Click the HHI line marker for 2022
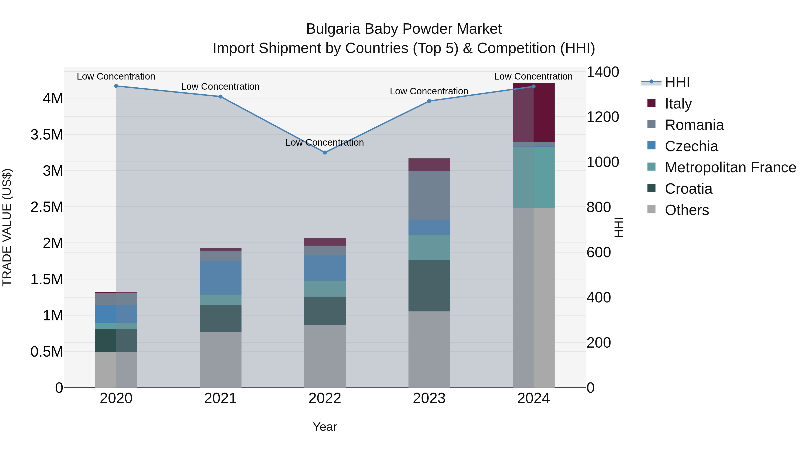click(x=325, y=153)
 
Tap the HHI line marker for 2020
click(x=116, y=86)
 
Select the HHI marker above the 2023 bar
click(x=429, y=101)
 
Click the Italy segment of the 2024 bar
click(x=534, y=113)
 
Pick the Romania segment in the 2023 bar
click(x=429, y=195)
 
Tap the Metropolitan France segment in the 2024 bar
click(x=534, y=178)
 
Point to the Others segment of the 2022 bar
click(x=325, y=356)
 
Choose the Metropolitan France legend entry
click(x=730, y=167)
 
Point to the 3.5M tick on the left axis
click(x=47, y=135)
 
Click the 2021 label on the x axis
click(x=220, y=398)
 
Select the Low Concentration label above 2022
click(x=325, y=142)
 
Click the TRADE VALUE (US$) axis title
click(x=7, y=227)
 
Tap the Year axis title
click(x=325, y=427)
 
